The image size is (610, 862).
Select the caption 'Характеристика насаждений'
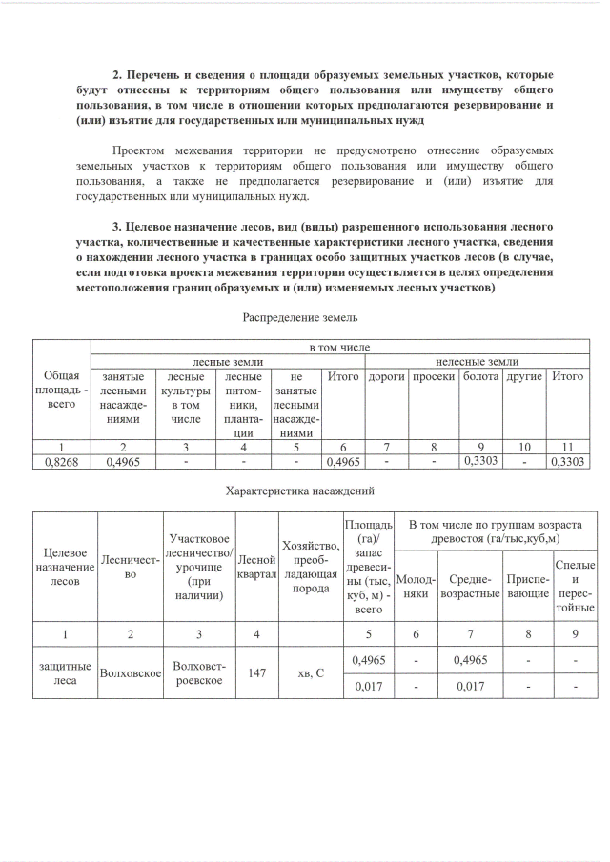coord(299,491)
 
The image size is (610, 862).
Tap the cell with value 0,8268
coord(61,462)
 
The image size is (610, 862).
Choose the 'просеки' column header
coord(434,377)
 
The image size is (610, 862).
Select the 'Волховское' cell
coord(130,673)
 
